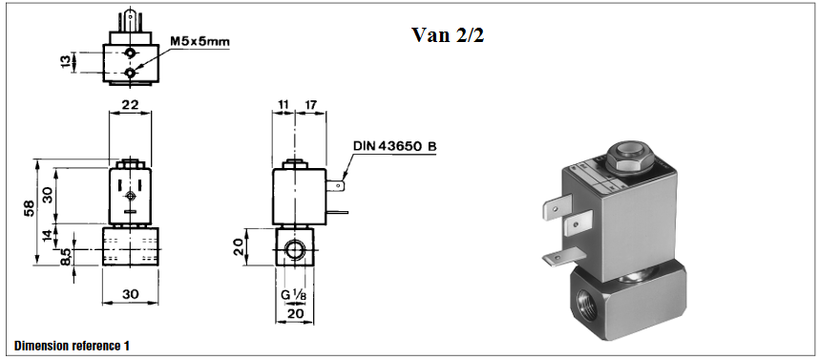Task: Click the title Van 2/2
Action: click(x=448, y=35)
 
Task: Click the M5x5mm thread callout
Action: click(x=200, y=41)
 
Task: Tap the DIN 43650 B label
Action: click(x=394, y=146)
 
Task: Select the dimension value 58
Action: click(x=30, y=207)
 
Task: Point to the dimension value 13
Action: click(x=65, y=61)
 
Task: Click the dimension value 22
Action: click(x=130, y=104)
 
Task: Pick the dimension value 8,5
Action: click(x=66, y=256)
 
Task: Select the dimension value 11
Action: click(x=283, y=105)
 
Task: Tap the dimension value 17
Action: click(x=310, y=105)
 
